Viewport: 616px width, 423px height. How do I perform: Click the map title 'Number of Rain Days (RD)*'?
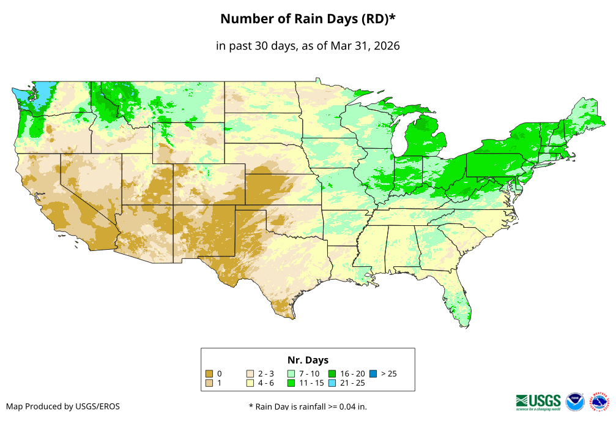tap(308, 19)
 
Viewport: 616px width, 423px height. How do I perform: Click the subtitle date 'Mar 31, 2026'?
tap(365, 46)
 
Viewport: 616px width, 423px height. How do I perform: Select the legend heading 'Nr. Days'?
tap(308, 360)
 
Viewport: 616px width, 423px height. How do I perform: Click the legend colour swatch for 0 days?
tap(209, 373)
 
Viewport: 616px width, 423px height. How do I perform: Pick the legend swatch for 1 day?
tap(209, 383)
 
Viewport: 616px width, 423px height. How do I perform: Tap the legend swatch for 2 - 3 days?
tap(250, 373)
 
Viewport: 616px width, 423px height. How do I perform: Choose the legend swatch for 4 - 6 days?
tap(250, 383)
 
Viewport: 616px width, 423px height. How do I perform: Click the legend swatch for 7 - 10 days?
tap(291, 373)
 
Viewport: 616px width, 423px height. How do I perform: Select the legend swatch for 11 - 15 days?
tap(291, 383)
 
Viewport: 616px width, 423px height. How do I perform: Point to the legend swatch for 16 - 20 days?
tap(332, 373)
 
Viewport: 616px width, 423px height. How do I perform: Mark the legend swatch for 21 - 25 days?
tap(332, 383)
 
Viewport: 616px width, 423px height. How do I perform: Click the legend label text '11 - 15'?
tap(311, 383)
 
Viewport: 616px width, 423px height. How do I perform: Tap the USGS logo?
tap(538, 402)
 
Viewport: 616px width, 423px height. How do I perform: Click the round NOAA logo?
tap(575, 402)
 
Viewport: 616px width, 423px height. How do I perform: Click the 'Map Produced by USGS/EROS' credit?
tap(63, 406)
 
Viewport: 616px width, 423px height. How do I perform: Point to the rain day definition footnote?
tap(308, 406)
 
